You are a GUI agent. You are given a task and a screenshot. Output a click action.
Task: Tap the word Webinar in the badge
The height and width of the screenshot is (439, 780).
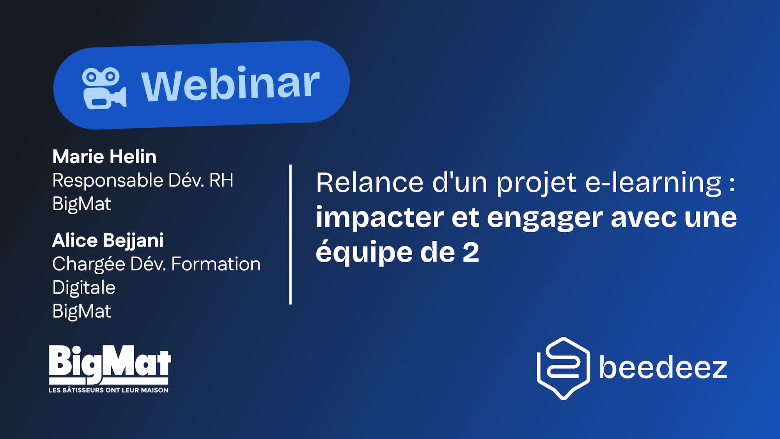tap(230, 84)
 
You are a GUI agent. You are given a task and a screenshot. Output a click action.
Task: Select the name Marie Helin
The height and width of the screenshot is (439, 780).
tap(105, 157)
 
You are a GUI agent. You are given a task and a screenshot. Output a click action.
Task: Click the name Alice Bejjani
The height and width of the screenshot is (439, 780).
tap(108, 240)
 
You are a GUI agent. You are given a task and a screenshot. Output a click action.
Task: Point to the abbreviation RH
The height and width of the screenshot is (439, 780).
tap(221, 180)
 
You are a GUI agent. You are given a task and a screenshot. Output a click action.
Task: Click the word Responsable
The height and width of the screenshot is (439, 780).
tap(108, 180)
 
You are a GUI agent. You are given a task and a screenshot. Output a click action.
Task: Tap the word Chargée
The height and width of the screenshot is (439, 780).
tap(88, 265)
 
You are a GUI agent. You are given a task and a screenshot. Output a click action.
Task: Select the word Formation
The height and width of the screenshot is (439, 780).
tap(216, 264)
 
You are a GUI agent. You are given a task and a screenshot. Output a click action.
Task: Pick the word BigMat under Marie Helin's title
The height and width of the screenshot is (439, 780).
tap(82, 204)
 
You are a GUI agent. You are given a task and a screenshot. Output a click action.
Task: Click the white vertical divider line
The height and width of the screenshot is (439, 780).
tap(291, 234)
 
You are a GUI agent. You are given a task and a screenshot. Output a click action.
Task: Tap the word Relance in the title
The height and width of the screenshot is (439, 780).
tap(369, 182)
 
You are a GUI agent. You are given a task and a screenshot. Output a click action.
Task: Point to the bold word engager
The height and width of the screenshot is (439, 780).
tap(545, 218)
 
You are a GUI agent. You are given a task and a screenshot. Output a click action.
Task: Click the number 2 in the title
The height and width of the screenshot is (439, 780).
tap(471, 252)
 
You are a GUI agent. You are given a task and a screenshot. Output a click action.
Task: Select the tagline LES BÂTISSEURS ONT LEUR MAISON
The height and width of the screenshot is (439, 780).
tap(108, 390)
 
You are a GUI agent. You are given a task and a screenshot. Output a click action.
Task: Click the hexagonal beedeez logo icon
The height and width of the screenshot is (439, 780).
tap(563, 368)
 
